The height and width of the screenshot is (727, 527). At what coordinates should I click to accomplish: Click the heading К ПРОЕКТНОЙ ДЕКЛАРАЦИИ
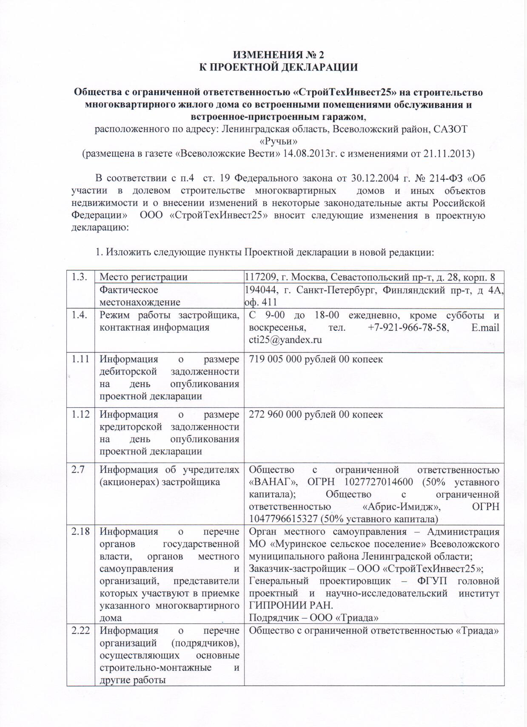point(279,67)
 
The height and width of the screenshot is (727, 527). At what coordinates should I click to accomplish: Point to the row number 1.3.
point(80,277)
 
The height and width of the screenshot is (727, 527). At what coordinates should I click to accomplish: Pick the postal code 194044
point(259,290)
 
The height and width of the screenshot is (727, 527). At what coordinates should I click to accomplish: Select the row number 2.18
point(81,531)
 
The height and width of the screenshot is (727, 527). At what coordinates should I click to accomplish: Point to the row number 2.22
point(81,630)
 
